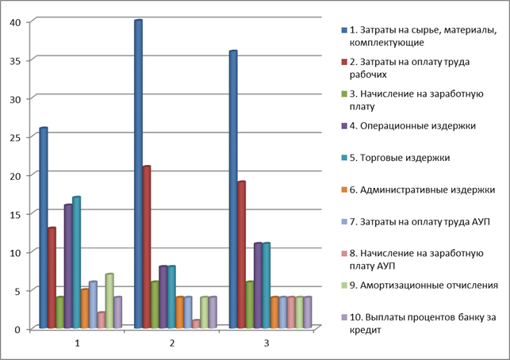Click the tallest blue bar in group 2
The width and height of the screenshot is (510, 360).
tap(138, 174)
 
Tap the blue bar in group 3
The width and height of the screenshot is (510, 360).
tap(233, 190)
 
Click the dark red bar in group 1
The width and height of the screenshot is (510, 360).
tap(52, 278)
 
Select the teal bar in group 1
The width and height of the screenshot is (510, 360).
tap(76, 262)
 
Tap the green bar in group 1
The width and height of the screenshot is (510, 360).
tap(59, 312)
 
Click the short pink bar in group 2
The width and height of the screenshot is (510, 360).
tap(196, 324)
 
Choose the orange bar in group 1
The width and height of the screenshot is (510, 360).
tap(85, 308)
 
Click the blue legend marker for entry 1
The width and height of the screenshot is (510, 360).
tap(343, 30)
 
